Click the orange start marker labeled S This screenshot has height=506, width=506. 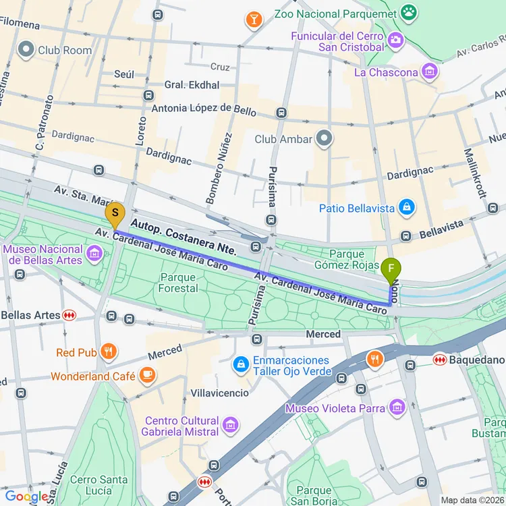click(115, 216)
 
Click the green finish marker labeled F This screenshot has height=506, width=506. click(390, 271)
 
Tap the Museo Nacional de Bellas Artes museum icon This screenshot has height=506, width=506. click(94, 254)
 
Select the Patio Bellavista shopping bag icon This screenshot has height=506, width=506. click(406, 208)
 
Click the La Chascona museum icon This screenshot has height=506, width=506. click(428, 70)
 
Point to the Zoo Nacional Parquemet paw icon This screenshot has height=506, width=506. click(408, 11)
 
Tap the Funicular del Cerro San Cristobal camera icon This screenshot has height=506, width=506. click(395, 40)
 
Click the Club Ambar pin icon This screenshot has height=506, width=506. click(325, 139)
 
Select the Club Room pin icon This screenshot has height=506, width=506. click(26, 49)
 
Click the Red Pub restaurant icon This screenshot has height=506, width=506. click(108, 352)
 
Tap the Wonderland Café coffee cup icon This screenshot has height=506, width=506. click(147, 374)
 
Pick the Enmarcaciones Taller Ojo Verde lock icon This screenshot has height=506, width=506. click(240, 365)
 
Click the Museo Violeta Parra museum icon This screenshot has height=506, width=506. click(397, 407)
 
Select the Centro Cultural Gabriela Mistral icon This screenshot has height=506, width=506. click(231, 425)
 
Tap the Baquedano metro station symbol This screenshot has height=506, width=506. click(439, 360)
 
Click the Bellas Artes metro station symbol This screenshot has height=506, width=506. click(69, 315)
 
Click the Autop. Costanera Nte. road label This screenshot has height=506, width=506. click(184, 236)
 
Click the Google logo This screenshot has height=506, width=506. click(26, 497)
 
